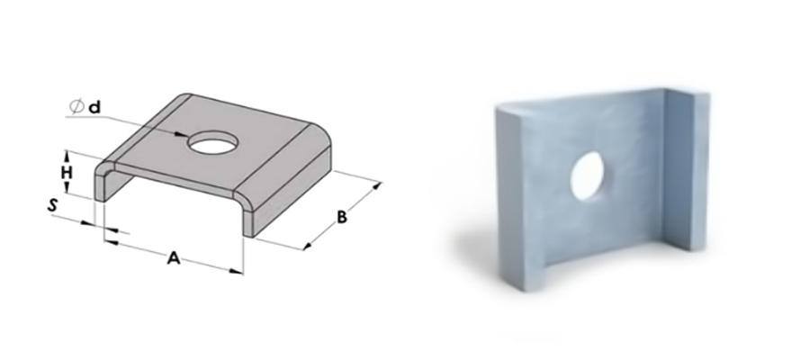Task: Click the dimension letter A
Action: (174, 257)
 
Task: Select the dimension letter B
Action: (341, 218)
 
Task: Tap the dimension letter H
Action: (67, 173)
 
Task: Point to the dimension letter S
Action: (52, 205)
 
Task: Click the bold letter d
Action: (94, 107)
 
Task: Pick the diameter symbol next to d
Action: (76, 106)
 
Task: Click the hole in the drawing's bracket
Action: (214, 142)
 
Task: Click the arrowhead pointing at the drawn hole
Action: (181, 135)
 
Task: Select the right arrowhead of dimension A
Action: (237, 271)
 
